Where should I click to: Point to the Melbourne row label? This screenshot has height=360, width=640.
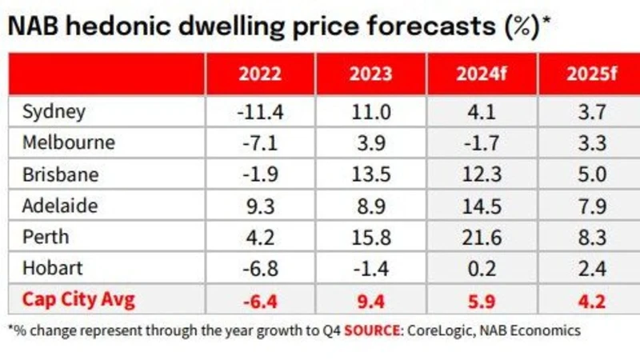click(68, 143)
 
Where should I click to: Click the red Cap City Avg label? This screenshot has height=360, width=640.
click(78, 301)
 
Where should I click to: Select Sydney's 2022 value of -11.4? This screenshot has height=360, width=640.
click(260, 112)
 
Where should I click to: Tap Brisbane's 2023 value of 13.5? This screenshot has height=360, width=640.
click(370, 174)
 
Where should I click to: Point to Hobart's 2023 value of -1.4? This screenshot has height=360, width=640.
click(370, 269)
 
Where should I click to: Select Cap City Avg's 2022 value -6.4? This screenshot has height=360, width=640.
click(260, 301)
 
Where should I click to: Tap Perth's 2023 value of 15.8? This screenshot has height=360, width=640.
click(370, 238)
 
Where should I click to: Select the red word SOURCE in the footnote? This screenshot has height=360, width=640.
click(373, 330)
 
